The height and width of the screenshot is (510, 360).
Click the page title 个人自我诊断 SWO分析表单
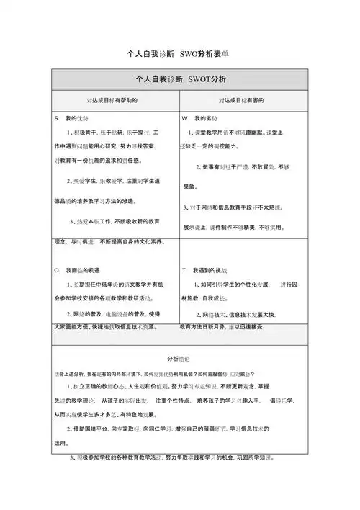[x=179, y=54]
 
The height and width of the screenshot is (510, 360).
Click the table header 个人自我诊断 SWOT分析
[x=180, y=79]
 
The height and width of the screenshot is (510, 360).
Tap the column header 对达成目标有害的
[x=243, y=100]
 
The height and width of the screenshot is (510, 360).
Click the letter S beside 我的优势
[x=56, y=117]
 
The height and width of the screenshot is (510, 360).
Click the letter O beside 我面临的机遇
[x=56, y=269]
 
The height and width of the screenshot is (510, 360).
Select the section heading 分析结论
[x=179, y=357]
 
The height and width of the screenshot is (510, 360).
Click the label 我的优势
[x=76, y=117]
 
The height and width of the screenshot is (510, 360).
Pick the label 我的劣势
[x=206, y=117]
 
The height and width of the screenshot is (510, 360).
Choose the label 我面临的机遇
[x=82, y=269]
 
